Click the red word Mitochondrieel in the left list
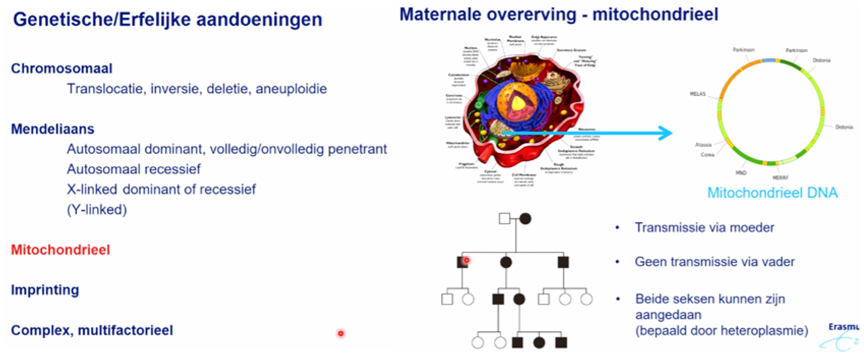[x=60, y=249]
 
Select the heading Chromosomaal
[x=62, y=68]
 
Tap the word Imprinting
[x=45, y=290]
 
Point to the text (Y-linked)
[x=97, y=209]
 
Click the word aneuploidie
[x=292, y=89]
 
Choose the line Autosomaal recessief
[x=134, y=169]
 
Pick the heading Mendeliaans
[x=53, y=129]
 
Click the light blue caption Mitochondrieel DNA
[x=772, y=193]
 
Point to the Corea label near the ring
[x=707, y=155]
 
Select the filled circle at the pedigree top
[x=526, y=218]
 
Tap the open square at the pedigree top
[x=504, y=218]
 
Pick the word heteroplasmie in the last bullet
[x=766, y=331]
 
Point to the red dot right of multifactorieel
[x=340, y=333]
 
